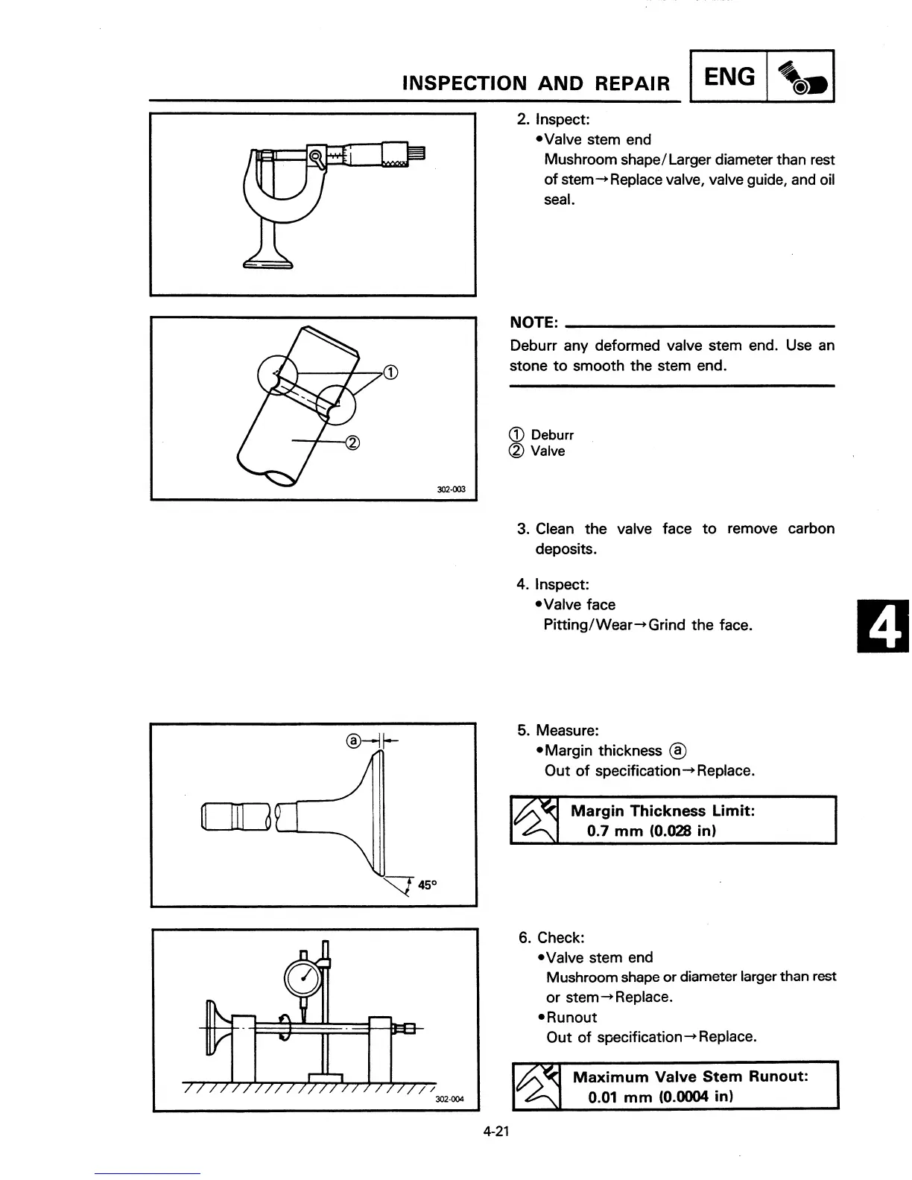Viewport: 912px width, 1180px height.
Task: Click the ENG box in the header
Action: (729, 77)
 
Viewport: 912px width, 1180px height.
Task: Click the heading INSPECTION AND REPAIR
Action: (536, 83)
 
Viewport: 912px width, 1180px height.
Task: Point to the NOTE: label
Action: (533, 323)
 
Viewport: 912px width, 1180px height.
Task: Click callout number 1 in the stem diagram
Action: (390, 372)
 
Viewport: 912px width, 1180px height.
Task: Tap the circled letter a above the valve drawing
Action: (355, 740)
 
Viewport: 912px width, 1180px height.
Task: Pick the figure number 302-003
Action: (451, 489)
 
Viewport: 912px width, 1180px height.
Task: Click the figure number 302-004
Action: (449, 1100)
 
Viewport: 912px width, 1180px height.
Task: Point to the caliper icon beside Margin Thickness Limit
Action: (534, 820)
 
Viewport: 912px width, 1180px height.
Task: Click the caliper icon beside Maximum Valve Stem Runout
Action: (537, 1085)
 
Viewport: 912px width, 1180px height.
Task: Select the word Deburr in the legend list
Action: (552, 435)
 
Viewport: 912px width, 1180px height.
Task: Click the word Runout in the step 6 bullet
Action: (571, 1018)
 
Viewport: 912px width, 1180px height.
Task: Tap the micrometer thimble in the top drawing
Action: (395, 154)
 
